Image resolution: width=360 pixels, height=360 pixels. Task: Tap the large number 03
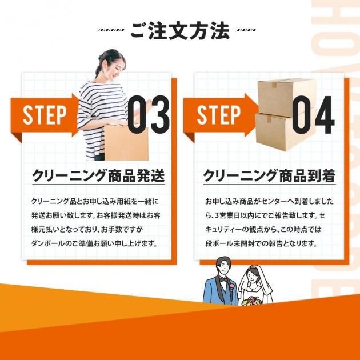click(x=149, y=114)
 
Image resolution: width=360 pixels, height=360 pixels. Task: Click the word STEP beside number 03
click(x=45, y=116)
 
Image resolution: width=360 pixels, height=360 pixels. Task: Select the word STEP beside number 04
click(x=219, y=116)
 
